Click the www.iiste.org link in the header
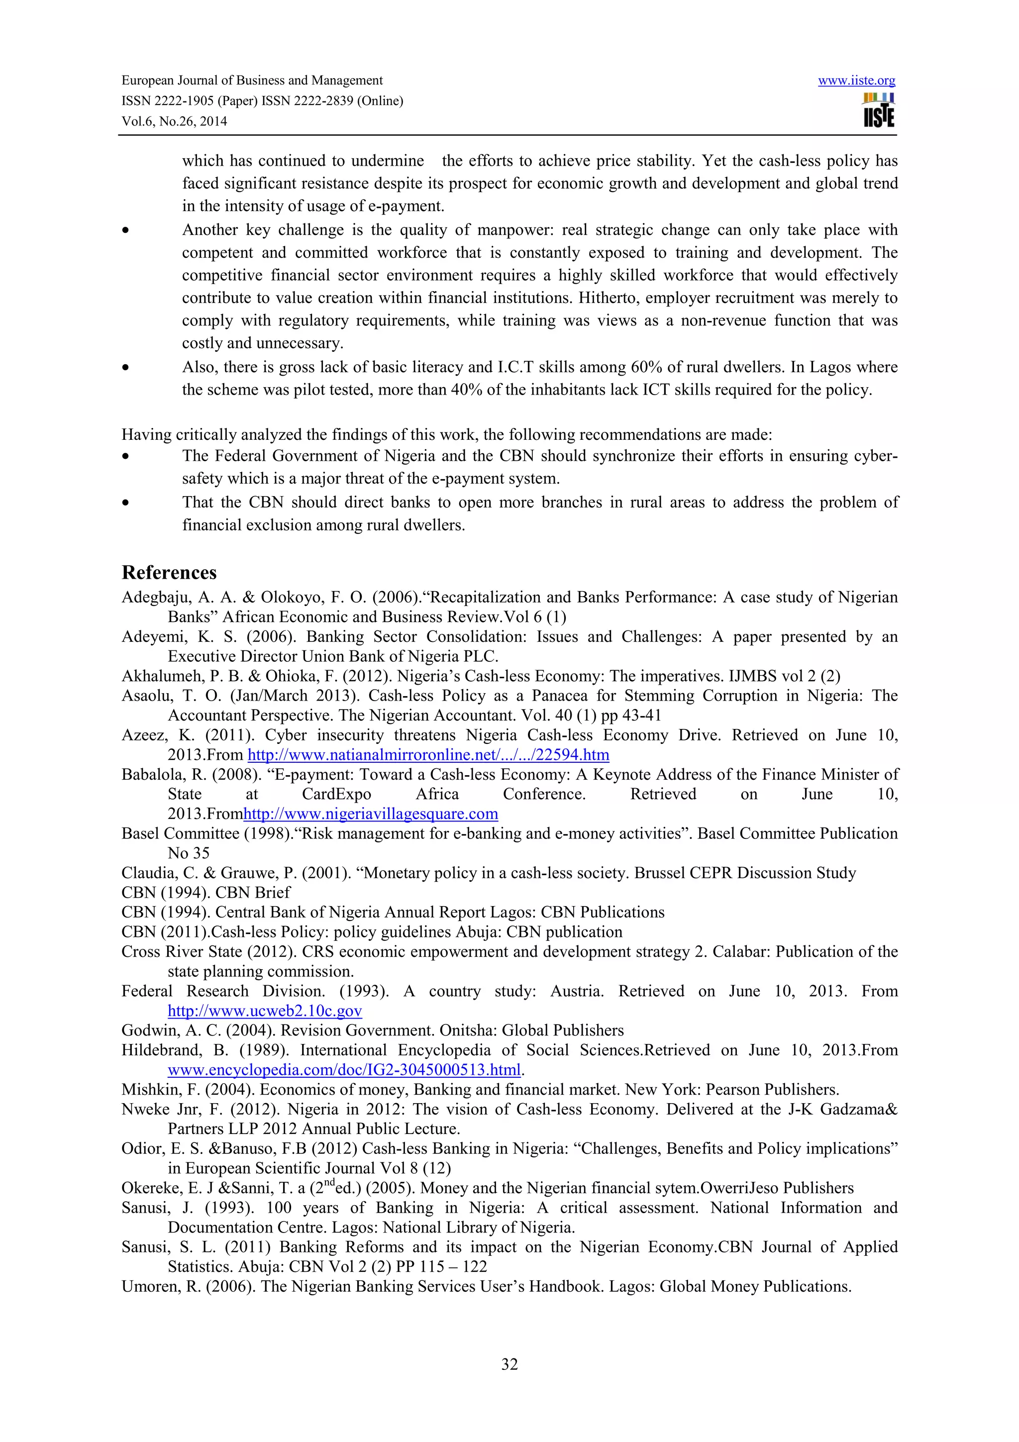pyautogui.click(x=856, y=81)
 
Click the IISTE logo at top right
pyautogui.click(x=878, y=110)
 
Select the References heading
pyautogui.click(x=169, y=572)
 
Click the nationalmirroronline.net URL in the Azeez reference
pyautogui.click(x=428, y=754)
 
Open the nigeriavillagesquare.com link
pyautogui.click(x=370, y=814)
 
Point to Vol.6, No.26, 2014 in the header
pyautogui.click(x=174, y=121)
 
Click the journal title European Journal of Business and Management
pyautogui.click(x=252, y=81)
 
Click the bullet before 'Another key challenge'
pyautogui.click(x=126, y=231)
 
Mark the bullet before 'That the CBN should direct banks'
pyautogui.click(x=126, y=503)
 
